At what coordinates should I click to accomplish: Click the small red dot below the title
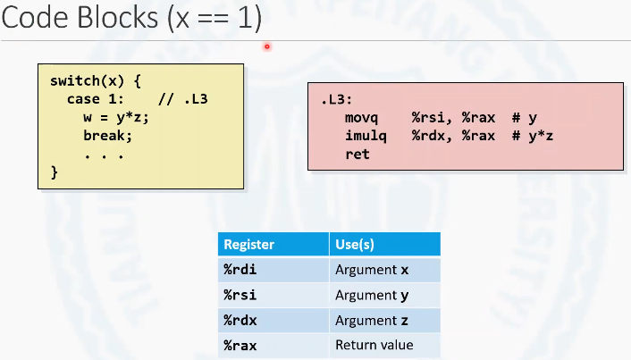pos(267,46)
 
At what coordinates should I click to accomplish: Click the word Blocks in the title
pos(118,18)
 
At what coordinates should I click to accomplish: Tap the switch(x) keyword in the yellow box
pos(87,81)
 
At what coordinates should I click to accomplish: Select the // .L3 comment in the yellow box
pos(183,99)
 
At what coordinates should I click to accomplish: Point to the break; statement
pos(107,136)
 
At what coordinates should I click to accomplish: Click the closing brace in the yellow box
pos(55,172)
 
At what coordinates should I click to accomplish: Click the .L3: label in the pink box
pos(336,99)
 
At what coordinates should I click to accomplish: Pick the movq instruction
pos(361,118)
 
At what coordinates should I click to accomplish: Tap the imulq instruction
pos(366,136)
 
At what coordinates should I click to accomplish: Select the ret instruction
pos(358,154)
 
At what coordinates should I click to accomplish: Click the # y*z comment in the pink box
pos(533,136)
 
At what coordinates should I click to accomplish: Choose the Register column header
pos(249,244)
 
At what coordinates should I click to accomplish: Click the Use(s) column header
pos(355,244)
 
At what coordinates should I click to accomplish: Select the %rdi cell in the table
pos(240,270)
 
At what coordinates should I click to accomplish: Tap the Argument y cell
pos(372,296)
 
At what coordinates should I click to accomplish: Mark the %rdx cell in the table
pos(240,321)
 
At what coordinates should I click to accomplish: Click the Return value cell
pos(374,345)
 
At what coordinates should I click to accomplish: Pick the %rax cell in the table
pos(240,346)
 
